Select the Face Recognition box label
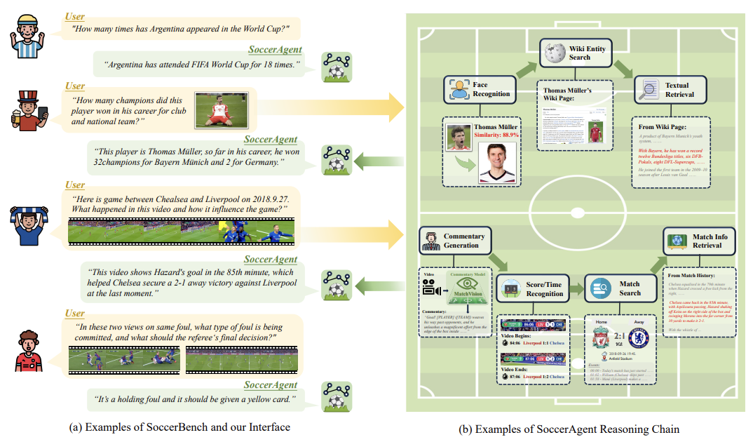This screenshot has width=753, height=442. [x=491, y=88]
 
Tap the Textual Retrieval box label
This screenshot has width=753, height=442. [x=679, y=89]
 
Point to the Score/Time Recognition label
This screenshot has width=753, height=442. [x=544, y=288]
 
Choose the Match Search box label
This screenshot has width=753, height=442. [x=629, y=288]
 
